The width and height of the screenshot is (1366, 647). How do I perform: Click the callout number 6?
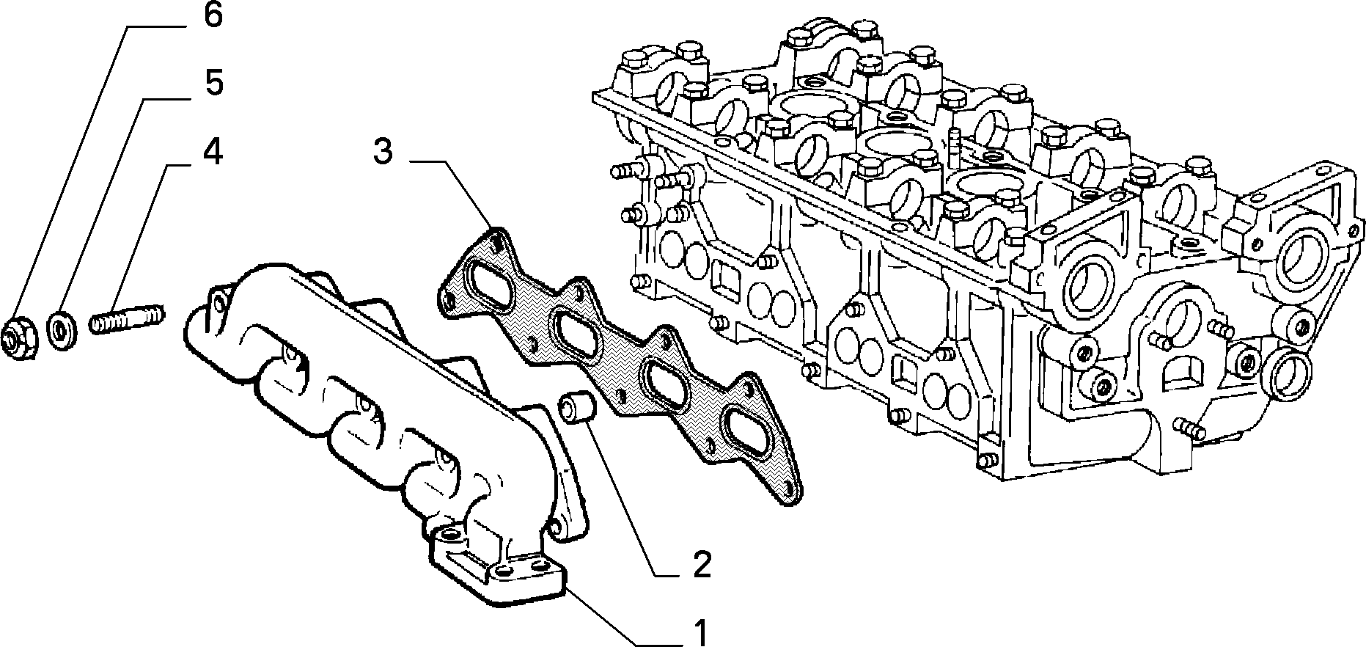(x=212, y=15)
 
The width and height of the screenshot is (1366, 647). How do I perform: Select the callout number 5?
(x=213, y=84)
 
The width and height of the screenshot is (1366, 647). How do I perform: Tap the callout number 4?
(x=212, y=151)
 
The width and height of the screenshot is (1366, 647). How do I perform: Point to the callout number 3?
(x=383, y=151)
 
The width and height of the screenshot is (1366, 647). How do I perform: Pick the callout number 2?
(x=702, y=565)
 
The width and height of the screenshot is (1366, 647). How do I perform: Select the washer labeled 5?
(x=59, y=329)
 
